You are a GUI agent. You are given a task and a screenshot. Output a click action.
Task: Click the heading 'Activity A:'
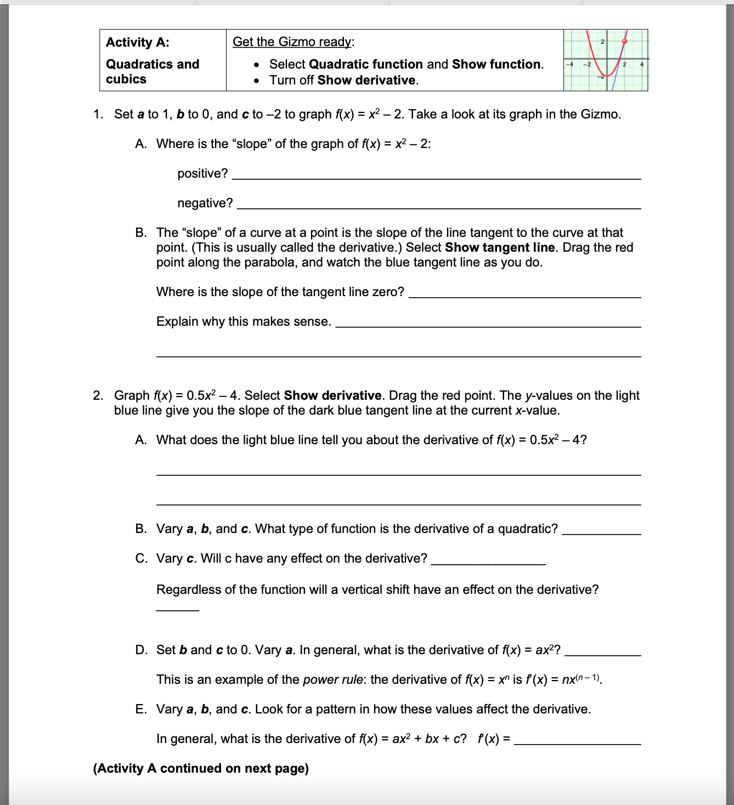137,42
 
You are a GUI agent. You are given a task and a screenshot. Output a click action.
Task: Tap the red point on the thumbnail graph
624,41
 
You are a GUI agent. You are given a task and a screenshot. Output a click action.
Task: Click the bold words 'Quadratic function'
366,64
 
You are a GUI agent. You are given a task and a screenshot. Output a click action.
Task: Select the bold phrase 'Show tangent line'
500,247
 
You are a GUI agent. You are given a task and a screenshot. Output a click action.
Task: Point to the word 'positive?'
202,173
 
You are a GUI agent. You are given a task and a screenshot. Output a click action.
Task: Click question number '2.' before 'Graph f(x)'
98,395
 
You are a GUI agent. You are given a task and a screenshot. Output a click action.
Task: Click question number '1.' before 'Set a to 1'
98,114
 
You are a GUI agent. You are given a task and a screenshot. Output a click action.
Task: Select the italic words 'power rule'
332,679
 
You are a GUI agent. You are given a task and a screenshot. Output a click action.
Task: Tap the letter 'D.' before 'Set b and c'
141,650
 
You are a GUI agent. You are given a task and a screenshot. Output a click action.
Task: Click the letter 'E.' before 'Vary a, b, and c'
141,709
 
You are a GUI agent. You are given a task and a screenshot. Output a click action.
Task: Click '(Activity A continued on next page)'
201,768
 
